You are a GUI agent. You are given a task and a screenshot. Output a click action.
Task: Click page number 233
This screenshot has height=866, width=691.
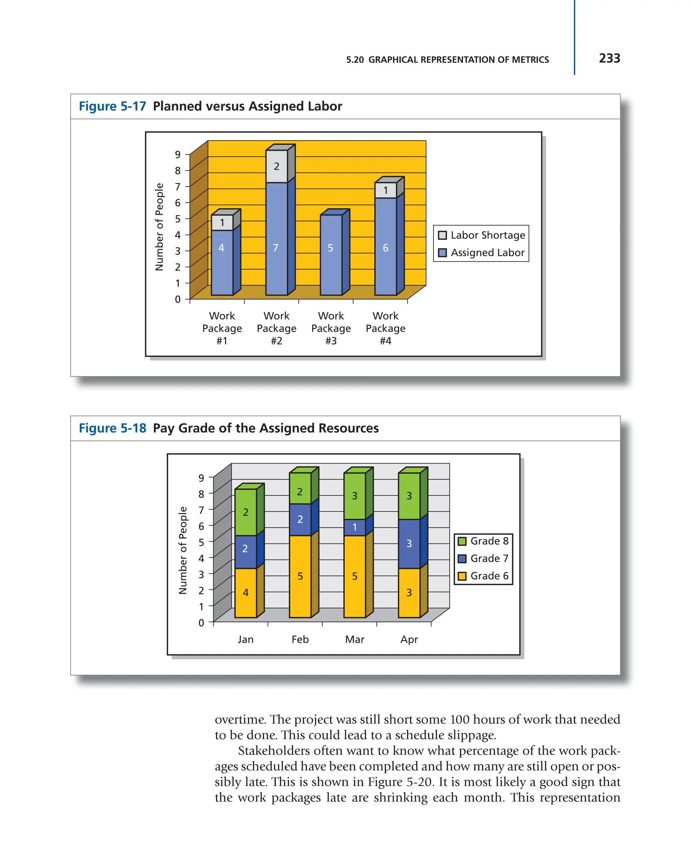[x=609, y=59]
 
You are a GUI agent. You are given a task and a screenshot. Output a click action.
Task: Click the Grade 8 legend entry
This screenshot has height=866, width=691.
[x=483, y=541]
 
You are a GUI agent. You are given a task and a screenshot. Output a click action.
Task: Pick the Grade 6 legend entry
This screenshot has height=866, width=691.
[x=483, y=576]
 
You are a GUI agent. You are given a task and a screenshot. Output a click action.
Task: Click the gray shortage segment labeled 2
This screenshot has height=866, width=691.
[x=277, y=166]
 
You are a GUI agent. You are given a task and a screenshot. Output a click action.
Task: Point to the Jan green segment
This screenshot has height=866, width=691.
[x=246, y=512]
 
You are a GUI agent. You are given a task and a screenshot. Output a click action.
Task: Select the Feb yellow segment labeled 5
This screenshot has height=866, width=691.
[x=300, y=576]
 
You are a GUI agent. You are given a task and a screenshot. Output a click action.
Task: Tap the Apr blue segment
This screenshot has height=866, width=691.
[x=409, y=543]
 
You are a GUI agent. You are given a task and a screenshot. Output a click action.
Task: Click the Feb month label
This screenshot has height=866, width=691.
[x=300, y=639]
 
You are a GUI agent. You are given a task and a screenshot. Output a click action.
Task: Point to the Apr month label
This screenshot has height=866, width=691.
[x=409, y=639]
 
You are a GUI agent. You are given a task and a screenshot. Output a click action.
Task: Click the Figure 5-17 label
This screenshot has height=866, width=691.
[x=112, y=107]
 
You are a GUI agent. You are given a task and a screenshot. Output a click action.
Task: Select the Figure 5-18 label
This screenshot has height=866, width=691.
[x=112, y=428]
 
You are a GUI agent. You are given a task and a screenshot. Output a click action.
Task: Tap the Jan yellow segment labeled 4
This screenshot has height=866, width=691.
[x=246, y=593]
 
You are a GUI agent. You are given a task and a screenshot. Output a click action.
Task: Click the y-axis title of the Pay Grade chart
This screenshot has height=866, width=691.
[x=183, y=550]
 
